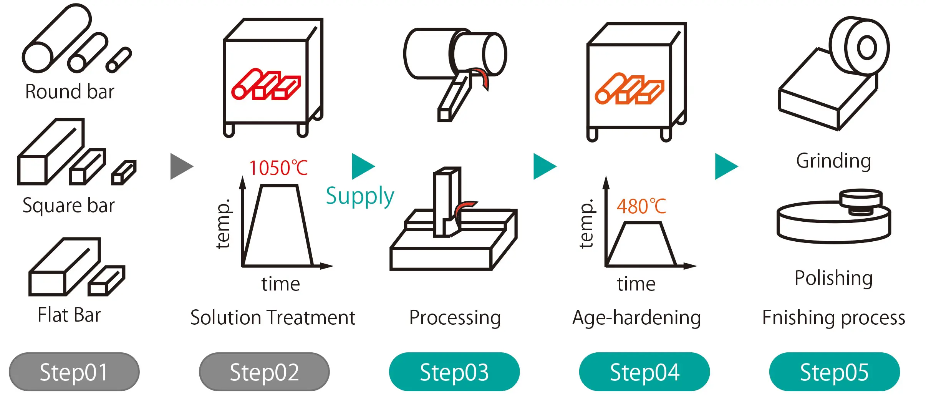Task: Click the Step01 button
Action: point(74,372)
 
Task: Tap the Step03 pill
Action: point(454,372)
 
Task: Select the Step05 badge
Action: point(834,372)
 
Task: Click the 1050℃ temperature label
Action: point(278,168)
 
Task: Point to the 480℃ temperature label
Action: point(641,207)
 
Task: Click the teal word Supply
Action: point(360,196)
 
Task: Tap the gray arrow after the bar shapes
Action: point(181,166)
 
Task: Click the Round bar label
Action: point(70,92)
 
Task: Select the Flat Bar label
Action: point(69,315)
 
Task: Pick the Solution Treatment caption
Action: point(273,318)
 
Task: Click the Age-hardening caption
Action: point(636,318)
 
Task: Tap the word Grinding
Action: point(833,161)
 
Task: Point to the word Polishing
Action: point(833,278)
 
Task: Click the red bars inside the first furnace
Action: point(266,85)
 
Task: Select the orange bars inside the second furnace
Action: point(629,89)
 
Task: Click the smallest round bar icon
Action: point(119,60)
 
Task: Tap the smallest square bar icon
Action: point(124,173)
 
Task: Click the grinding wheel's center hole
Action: point(867,48)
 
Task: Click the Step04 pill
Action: point(644,372)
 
